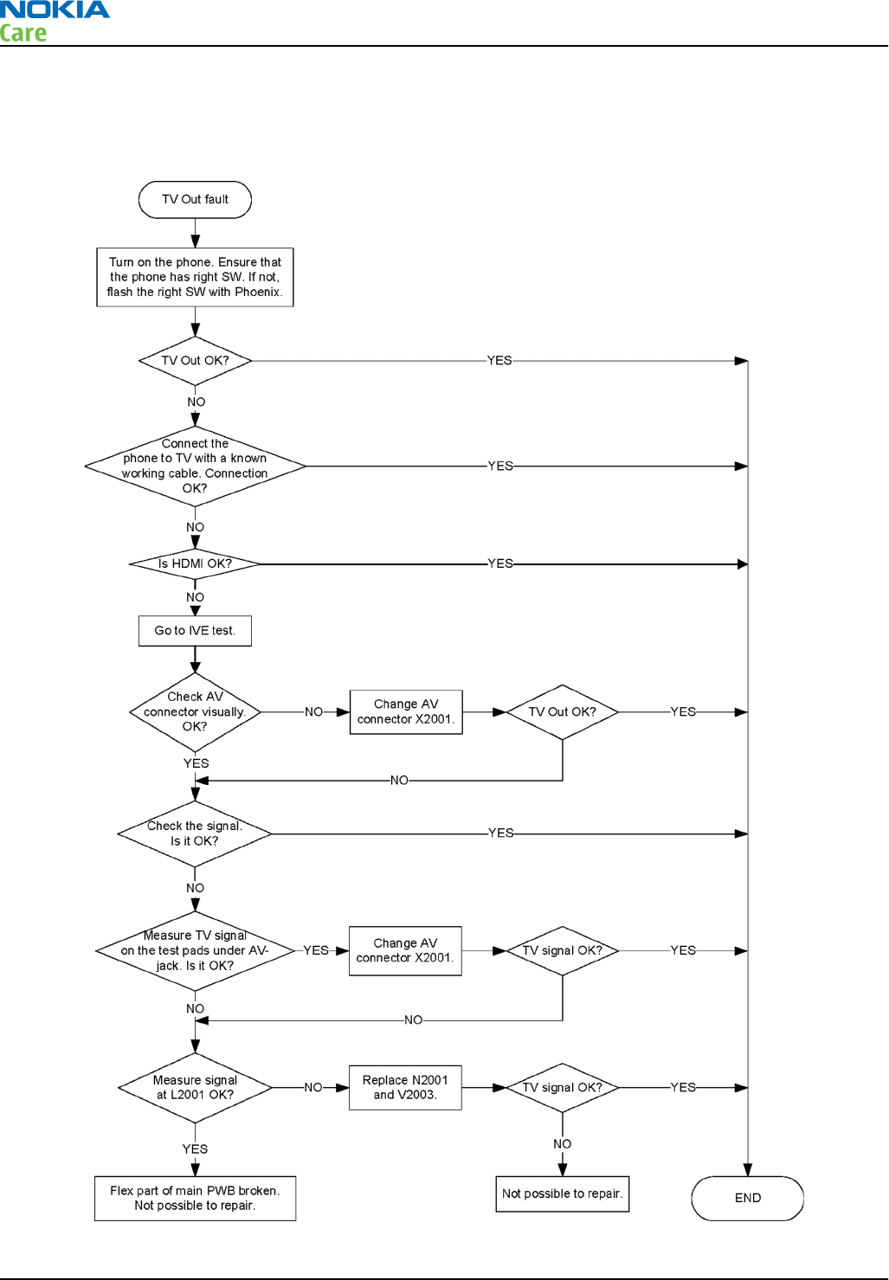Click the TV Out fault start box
click(195, 200)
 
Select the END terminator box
click(747, 1198)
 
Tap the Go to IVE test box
click(195, 631)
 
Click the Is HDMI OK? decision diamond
click(195, 563)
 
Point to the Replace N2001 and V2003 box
click(405, 1087)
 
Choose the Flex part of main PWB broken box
click(195, 1198)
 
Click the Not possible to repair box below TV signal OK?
click(562, 1193)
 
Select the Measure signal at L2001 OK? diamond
click(195, 1087)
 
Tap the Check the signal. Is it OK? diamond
click(195, 833)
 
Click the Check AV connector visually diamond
click(195, 711)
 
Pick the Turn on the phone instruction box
click(195, 277)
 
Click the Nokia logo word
click(55, 10)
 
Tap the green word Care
click(23, 34)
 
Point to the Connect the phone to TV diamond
click(195, 466)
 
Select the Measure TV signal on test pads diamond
click(195, 950)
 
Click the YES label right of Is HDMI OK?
click(500, 563)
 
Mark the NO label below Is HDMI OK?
click(195, 597)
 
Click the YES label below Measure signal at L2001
click(195, 1148)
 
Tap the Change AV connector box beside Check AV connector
click(406, 711)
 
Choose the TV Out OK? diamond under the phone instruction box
click(195, 360)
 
